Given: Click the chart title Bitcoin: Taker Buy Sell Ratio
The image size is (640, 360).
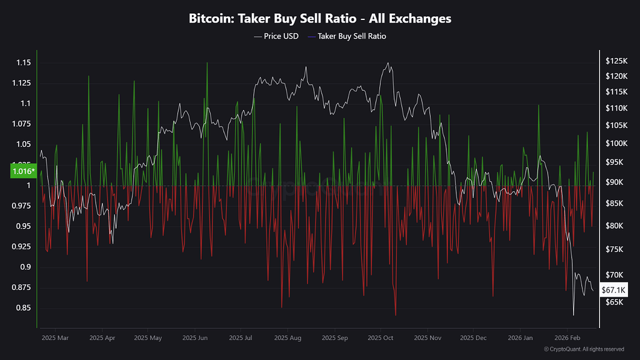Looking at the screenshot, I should [320, 19].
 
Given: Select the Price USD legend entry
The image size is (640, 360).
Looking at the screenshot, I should [276, 36].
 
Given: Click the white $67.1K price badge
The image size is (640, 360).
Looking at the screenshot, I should [613, 290].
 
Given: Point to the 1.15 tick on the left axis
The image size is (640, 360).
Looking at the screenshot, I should [23, 62].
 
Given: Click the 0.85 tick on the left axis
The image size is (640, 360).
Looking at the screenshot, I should [23, 308].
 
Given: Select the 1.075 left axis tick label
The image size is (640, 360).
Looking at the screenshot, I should [21, 124].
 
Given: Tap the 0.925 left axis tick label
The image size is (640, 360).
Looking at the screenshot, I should [21, 247].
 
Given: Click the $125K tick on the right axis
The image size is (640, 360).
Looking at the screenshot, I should [616, 61].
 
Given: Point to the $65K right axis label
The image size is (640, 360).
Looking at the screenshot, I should [614, 302].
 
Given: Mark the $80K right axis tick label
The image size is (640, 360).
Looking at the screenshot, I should [614, 226].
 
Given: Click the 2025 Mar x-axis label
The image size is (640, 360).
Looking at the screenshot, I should [55, 338].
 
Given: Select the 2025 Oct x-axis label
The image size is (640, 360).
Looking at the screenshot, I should [380, 338].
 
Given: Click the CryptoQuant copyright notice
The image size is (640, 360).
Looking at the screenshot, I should [584, 349].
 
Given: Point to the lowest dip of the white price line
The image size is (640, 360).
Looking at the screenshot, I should [573, 314].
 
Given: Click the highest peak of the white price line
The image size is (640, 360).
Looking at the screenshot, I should [389, 62].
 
